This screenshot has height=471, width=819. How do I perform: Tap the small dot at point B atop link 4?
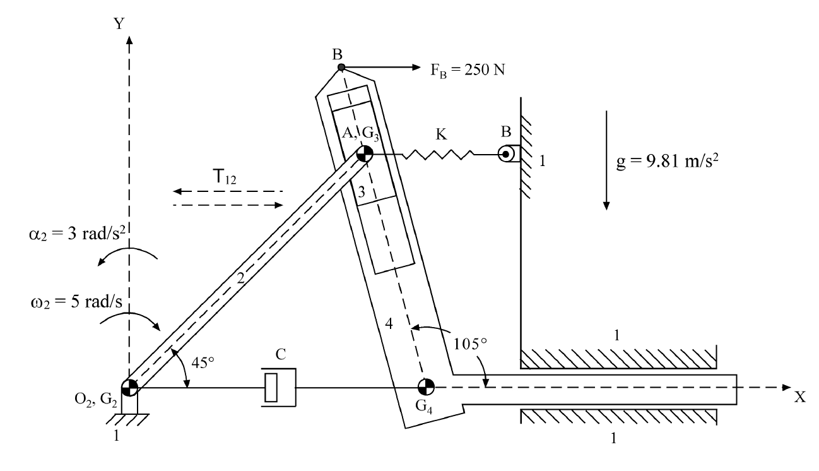point(341,68)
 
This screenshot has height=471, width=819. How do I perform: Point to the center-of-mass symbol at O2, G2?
point(129,387)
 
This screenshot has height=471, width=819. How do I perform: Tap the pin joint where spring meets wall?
point(505,154)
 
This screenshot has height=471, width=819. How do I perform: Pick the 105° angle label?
point(471,343)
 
